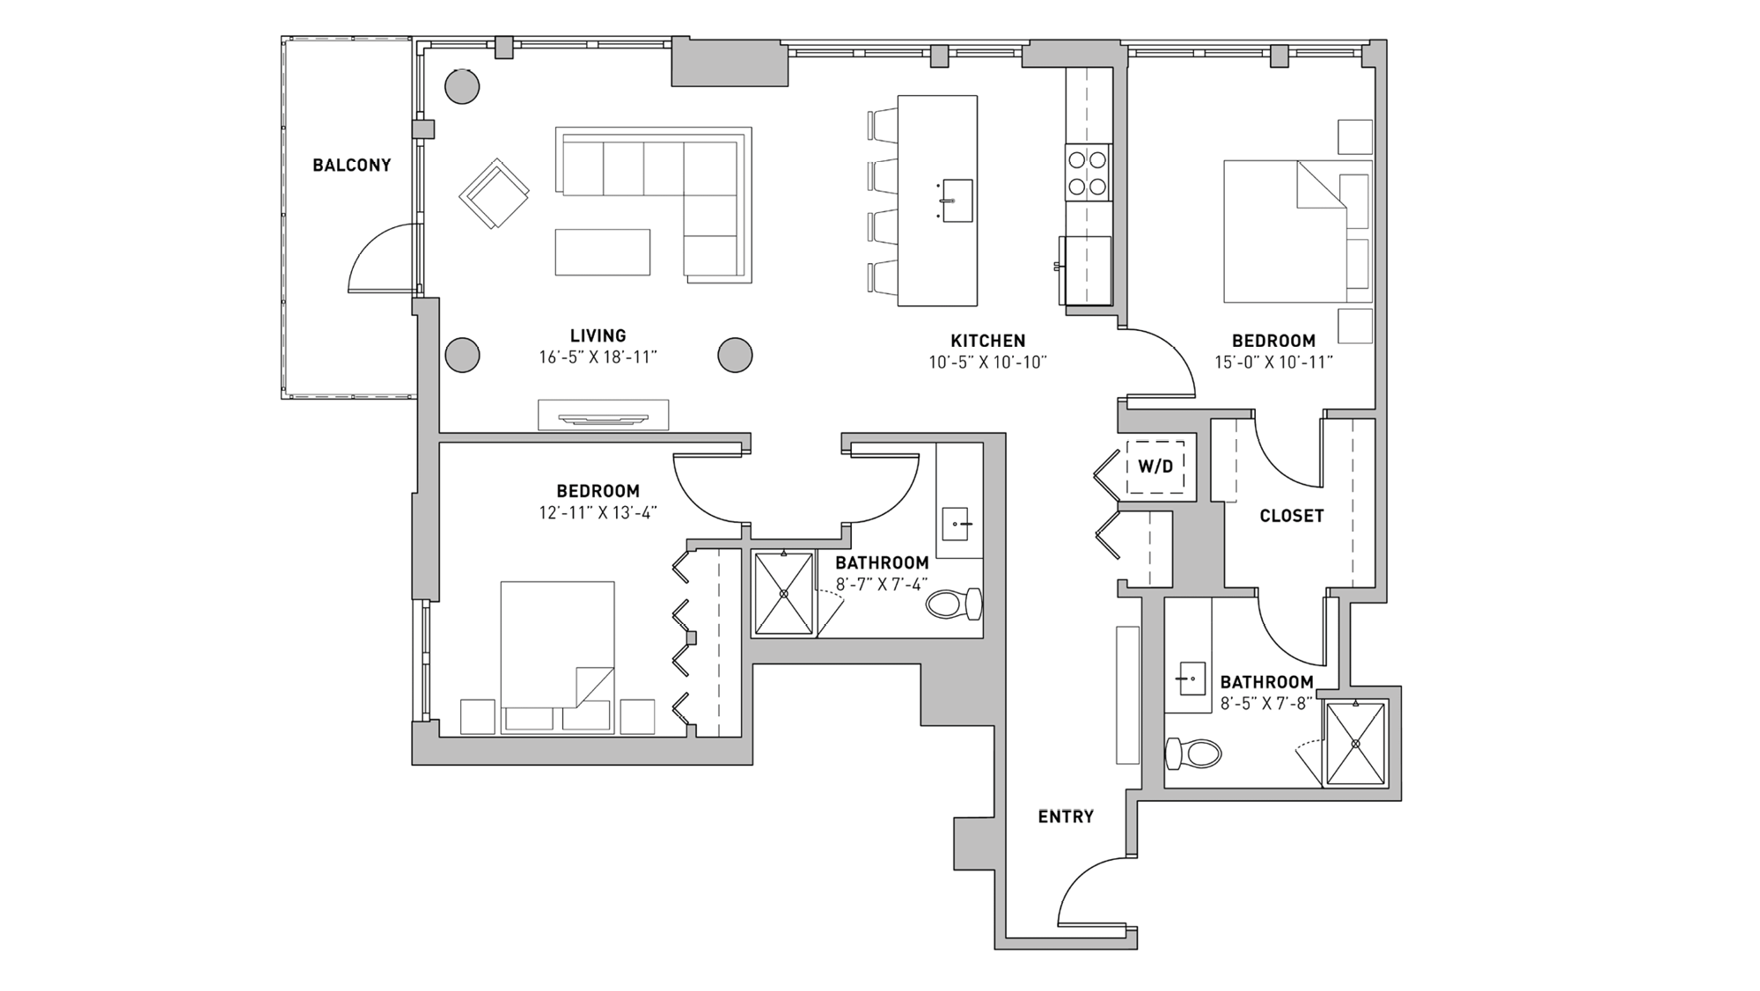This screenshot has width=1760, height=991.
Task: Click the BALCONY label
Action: [x=351, y=165]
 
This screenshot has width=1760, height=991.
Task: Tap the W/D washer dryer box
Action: [x=1155, y=466]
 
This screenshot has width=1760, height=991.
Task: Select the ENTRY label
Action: [x=1065, y=817]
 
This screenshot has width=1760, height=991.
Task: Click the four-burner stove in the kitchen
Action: [x=1088, y=173]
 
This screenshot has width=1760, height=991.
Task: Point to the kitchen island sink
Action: [x=957, y=201]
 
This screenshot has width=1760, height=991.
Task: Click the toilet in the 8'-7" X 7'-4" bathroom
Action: [x=954, y=605]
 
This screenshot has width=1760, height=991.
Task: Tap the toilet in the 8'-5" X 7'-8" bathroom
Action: [x=1193, y=753]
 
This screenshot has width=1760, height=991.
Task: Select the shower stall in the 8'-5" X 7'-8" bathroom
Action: [x=1355, y=743]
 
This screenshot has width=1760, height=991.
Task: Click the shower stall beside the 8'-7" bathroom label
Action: [x=783, y=593]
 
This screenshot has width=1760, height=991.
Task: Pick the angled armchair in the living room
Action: [x=494, y=195]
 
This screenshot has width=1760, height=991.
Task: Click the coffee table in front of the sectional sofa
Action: [x=603, y=253]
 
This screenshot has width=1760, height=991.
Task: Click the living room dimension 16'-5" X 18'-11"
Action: [x=598, y=357]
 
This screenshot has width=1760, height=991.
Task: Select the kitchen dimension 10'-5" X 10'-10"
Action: [x=987, y=362]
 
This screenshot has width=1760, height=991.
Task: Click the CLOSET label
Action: [x=1291, y=517]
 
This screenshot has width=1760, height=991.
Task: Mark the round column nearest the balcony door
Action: [x=462, y=355]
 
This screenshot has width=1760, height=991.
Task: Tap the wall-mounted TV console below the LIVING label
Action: [x=603, y=415]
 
